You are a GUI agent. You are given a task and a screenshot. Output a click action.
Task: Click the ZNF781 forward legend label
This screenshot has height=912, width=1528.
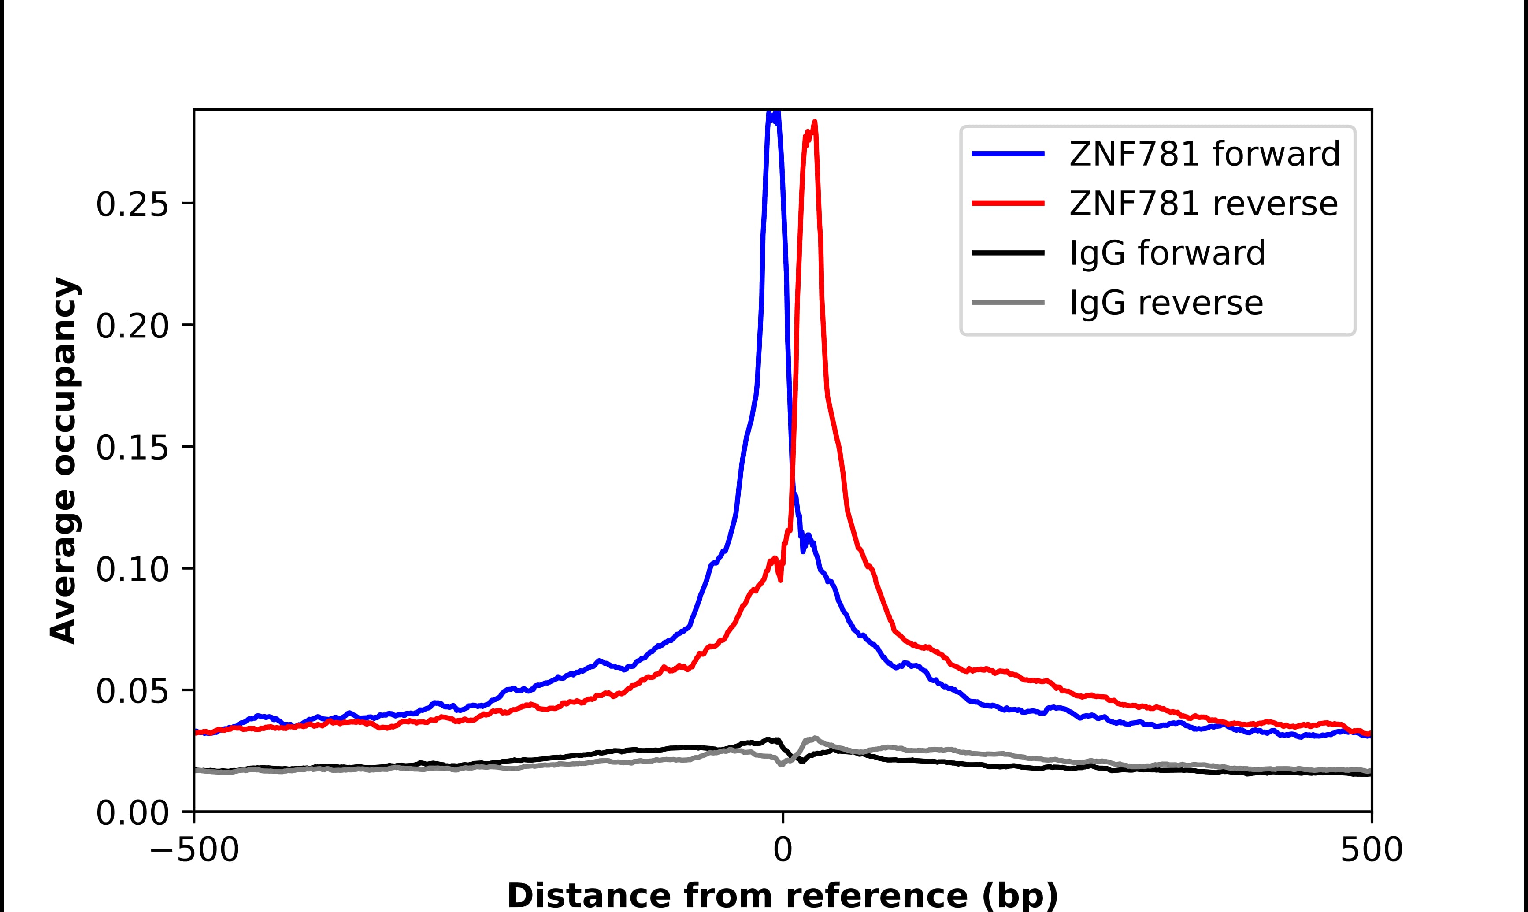(1204, 154)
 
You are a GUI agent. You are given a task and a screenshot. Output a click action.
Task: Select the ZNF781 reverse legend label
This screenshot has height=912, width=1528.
(1203, 204)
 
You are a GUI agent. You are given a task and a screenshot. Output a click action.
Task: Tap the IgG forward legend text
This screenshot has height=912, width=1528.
(1167, 253)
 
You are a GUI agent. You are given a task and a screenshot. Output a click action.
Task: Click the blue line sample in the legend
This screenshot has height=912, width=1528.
(1008, 154)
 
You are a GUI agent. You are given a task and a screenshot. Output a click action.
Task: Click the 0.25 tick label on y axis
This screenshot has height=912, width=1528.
(131, 204)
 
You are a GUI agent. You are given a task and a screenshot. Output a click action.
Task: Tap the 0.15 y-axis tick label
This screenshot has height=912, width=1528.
(131, 447)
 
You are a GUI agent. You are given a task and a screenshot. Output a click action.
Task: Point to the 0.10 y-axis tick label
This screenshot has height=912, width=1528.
(131, 569)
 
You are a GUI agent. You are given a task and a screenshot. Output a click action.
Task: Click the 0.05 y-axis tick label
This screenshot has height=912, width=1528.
(131, 691)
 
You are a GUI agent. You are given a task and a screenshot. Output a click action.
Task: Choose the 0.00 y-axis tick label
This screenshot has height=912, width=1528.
(131, 812)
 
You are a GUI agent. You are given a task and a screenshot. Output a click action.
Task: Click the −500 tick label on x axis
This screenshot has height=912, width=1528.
(194, 851)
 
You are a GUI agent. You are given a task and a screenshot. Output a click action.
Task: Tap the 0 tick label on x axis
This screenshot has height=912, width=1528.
(782, 851)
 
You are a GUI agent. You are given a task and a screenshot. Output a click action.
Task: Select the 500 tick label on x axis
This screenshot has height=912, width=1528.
(1371, 851)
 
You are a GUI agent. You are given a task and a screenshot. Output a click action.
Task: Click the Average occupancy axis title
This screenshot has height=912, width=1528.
(64, 461)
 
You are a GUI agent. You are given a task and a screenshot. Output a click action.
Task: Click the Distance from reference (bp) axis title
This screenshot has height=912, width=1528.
(782, 895)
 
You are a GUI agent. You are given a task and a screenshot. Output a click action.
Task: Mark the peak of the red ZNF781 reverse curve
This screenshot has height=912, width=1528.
(814, 122)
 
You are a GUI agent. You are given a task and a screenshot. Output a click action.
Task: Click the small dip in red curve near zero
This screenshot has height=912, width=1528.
(780, 579)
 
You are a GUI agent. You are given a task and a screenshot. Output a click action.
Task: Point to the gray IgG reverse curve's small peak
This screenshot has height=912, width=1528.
(815, 738)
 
